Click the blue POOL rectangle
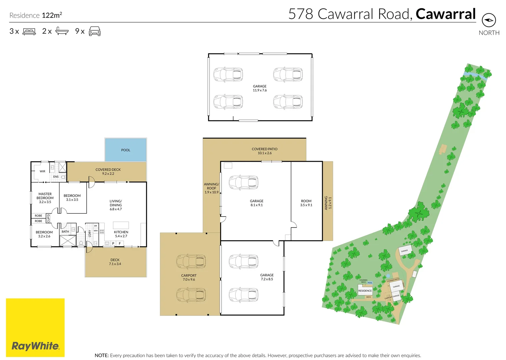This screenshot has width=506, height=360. pos(126,150)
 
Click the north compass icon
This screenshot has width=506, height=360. pos(489,20)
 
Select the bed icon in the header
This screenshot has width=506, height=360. pos(29,31)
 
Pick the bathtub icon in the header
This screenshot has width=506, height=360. pos(62,31)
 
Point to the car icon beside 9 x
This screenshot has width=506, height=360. pos(95,31)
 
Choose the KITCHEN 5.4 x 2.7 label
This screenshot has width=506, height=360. pos(121,234)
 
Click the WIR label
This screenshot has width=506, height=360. pos(42,171)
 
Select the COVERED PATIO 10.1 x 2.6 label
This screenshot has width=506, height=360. pos(265,151)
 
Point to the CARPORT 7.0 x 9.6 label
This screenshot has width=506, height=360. pos(189,277)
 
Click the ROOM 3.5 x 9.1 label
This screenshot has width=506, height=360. pos(306,203)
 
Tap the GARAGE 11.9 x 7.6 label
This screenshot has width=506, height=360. pos(260,88)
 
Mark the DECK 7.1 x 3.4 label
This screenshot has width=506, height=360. pos(115,262)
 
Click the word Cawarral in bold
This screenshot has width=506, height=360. pos(446,14)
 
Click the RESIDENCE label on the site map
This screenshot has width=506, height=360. pos(365,291)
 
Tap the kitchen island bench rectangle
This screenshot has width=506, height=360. pos(121,225)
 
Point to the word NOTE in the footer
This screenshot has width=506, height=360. pos(101,355)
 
